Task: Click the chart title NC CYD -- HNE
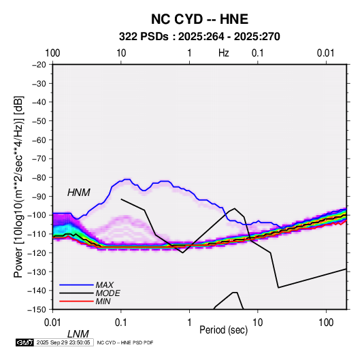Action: (x=199, y=19)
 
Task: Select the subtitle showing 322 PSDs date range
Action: (x=199, y=37)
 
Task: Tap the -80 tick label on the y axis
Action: (x=39, y=178)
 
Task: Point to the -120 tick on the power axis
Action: (x=37, y=252)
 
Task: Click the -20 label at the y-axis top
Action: (x=39, y=65)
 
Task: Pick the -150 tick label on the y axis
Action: (x=37, y=310)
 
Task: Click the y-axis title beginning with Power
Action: (x=18, y=186)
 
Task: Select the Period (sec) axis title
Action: (x=224, y=330)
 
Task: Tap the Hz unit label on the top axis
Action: (x=224, y=53)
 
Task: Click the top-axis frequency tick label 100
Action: (x=52, y=53)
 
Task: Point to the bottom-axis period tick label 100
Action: (x=326, y=323)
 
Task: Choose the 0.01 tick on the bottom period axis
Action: (x=52, y=323)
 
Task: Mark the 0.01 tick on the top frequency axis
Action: (x=326, y=53)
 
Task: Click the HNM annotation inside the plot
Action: (x=79, y=193)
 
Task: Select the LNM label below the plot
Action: (x=78, y=334)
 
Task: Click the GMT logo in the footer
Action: (x=25, y=342)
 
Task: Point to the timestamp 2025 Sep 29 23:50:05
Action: (x=63, y=342)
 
